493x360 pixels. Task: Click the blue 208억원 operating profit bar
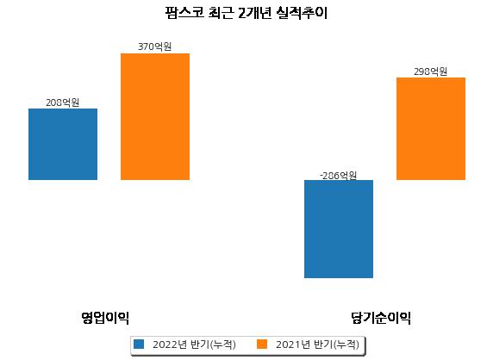pos(63,144)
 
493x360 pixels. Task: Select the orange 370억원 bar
pos(155,116)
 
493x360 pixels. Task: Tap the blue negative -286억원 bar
pos(339,229)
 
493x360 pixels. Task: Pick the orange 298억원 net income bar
pos(431,129)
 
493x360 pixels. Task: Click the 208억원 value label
pos(63,102)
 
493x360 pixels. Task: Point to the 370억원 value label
pos(154,47)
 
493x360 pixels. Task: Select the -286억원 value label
pos(339,176)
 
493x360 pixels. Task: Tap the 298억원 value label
pos(430,71)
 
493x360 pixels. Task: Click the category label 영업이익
pos(105,318)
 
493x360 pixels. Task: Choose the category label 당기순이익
pos(381,318)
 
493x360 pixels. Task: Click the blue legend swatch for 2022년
pos(139,344)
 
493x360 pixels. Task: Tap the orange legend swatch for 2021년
pos(262,344)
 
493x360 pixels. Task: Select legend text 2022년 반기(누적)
pos(194,344)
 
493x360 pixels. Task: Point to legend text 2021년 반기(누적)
pos(317,344)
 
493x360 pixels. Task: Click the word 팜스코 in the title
pos(184,13)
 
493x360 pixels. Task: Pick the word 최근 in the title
pos(222,13)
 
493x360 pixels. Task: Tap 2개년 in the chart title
pos(254,13)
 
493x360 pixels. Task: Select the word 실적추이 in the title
pos(302,13)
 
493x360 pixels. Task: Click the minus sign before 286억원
pos(321,176)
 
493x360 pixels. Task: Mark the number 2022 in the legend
pos(165,344)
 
